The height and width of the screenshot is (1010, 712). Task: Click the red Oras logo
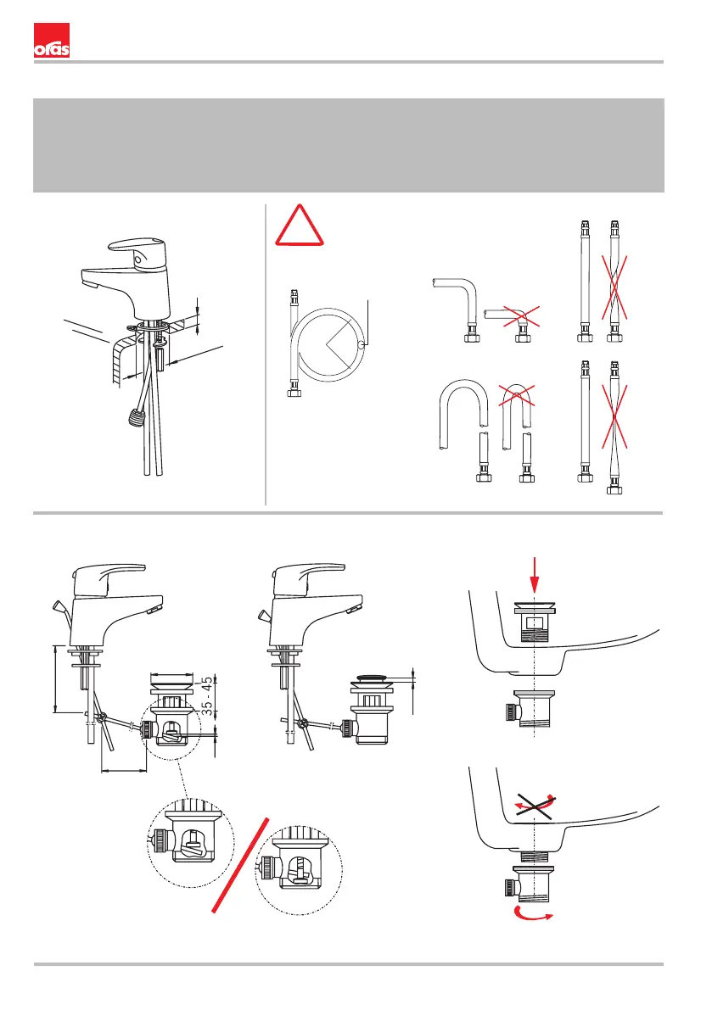51,41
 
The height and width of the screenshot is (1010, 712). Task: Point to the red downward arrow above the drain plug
534,574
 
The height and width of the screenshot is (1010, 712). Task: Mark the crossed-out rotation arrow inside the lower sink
534,801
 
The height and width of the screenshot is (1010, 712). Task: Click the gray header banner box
348,145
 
